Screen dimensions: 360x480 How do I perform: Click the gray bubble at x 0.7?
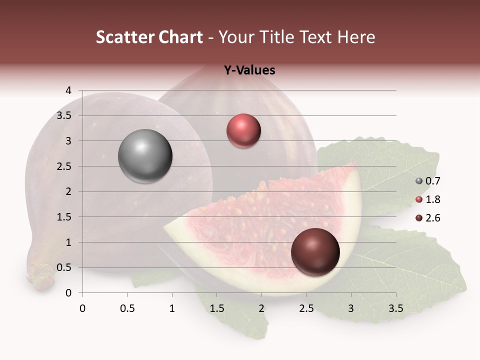point(145,156)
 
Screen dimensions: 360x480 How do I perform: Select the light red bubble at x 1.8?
point(243,131)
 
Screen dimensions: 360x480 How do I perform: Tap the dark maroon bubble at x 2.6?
point(315,252)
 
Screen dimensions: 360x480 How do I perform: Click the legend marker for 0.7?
point(419,181)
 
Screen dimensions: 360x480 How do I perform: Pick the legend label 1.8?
point(432,199)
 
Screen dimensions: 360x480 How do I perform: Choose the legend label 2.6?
point(432,218)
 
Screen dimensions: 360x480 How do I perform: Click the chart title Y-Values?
point(249,70)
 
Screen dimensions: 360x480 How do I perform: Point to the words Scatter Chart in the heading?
point(149,37)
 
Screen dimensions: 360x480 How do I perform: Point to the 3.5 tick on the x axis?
point(395,308)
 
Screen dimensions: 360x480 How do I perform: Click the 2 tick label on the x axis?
point(261,308)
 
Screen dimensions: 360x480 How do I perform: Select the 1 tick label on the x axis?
point(172,308)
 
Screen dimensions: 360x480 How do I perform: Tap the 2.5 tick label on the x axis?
point(306,308)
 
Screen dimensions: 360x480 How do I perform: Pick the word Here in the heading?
point(356,37)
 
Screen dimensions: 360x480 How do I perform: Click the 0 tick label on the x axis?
point(82,308)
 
